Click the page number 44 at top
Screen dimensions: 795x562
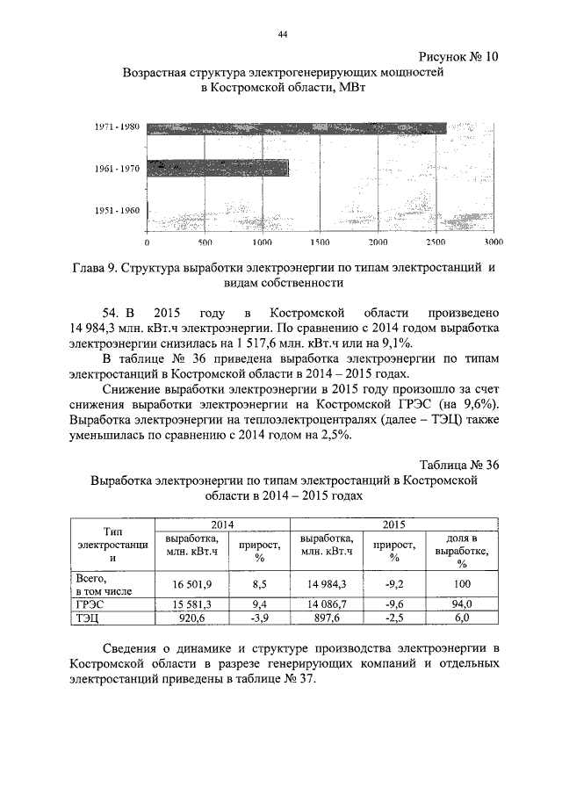283,34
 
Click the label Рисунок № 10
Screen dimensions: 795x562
456,56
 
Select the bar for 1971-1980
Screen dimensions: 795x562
297,128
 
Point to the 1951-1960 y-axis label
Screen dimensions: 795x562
117,210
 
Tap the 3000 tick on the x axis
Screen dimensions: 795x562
494,242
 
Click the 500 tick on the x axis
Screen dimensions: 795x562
205,242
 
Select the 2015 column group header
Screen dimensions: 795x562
393,524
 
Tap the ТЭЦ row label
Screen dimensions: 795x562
89,618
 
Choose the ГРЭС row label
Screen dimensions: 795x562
91,604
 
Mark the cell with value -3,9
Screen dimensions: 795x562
257,618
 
